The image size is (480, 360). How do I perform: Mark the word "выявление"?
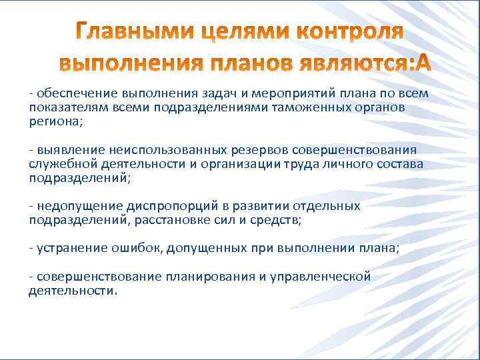64,149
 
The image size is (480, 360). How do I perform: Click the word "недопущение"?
71,206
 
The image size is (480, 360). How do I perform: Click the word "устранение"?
65,248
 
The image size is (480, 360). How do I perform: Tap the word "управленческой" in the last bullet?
323,277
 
